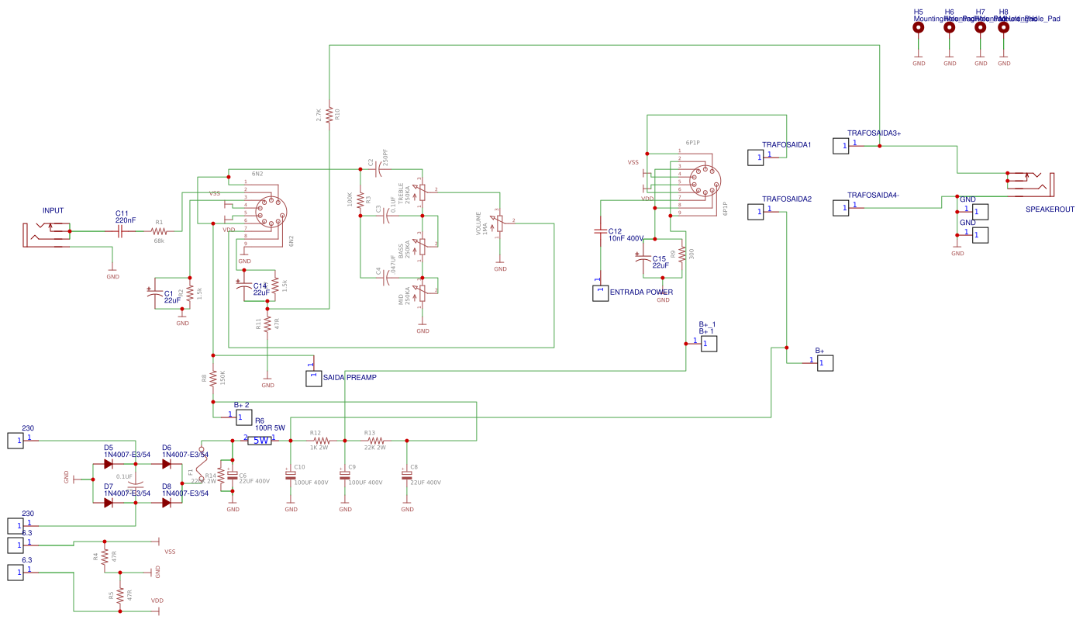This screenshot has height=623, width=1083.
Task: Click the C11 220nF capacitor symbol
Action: pyautogui.click(x=120, y=231)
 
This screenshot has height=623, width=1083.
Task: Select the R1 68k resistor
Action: pyautogui.click(x=159, y=231)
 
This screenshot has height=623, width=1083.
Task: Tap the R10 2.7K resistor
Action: pyautogui.click(x=329, y=115)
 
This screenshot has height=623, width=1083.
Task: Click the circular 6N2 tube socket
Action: pyautogui.click(x=271, y=212)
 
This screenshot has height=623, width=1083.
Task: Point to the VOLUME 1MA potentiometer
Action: pyautogui.click(x=500, y=223)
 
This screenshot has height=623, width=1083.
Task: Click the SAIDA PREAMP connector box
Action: pyautogui.click(x=314, y=378)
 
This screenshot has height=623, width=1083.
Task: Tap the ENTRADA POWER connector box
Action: pyautogui.click(x=600, y=292)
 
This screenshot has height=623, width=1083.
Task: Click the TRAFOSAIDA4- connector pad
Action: pyautogui.click(x=841, y=208)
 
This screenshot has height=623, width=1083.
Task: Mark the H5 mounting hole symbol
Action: pyautogui.click(x=919, y=27)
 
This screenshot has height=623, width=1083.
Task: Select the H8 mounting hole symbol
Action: pyautogui.click(x=1004, y=27)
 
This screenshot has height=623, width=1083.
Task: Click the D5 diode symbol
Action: pyautogui.click(x=109, y=464)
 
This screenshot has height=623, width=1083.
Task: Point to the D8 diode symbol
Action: pyautogui.click(x=167, y=503)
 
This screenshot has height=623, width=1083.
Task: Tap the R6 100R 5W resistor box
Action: pyautogui.click(x=260, y=441)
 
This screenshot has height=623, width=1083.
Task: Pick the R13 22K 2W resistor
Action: pyautogui.click(x=376, y=441)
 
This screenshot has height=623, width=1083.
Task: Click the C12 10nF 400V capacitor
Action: pyautogui.click(x=600, y=231)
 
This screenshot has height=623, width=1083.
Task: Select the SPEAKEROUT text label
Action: pyautogui.click(x=1050, y=209)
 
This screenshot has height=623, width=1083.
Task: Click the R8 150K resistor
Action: pyautogui.click(x=213, y=379)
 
